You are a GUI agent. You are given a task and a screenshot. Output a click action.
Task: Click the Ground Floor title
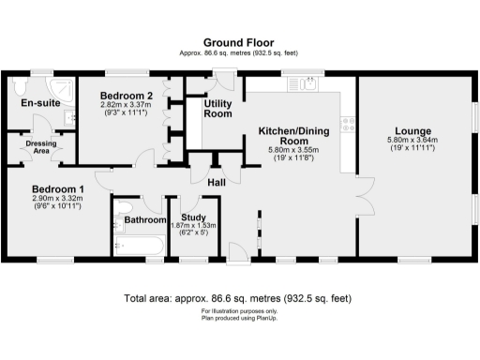tap(239, 42)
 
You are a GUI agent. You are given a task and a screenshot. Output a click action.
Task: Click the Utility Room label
tap(217, 109)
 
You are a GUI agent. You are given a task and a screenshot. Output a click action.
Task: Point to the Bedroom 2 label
tap(127, 96)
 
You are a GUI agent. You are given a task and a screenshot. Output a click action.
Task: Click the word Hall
tap(216, 182)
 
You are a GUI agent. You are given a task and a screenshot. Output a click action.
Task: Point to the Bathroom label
tap(144, 220)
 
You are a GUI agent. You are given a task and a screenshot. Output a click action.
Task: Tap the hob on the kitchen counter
tap(347, 121)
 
